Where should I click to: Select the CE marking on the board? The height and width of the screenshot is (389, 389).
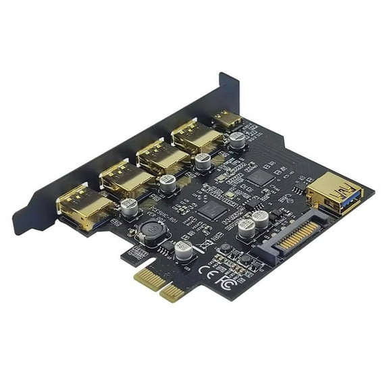[x=207, y=269]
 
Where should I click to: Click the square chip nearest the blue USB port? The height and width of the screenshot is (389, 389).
[x=259, y=178]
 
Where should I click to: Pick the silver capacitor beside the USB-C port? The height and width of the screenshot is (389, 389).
[x=237, y=139]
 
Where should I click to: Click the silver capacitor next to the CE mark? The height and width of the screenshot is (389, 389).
[x=183, y=251]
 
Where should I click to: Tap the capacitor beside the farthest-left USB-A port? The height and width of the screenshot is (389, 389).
[x=129, y=206]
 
